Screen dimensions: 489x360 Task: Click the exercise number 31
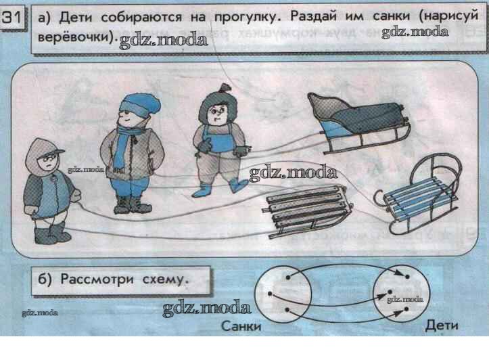coord(11,18)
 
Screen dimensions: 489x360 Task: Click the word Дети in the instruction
coord(76,17)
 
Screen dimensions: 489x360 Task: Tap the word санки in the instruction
coord(391,16)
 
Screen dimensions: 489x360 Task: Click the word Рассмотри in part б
coord(97,279)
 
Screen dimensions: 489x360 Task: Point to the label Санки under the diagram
coord(241,326)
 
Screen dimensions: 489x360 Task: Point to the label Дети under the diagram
coord(442,325)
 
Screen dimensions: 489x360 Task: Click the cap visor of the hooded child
coord(57,152)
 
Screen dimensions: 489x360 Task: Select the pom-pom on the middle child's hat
coord(225,88)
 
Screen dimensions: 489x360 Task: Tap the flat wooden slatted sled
coord(307,211)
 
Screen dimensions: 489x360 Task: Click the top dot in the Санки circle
coord(287,277)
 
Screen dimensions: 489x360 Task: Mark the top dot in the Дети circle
coord(407,277)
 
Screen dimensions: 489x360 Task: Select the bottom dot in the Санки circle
coord(287,310)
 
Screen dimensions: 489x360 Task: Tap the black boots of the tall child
coord(133,204)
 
